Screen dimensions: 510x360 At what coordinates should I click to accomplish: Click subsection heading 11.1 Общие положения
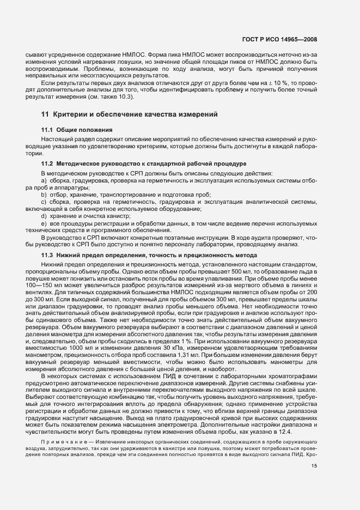77,130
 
